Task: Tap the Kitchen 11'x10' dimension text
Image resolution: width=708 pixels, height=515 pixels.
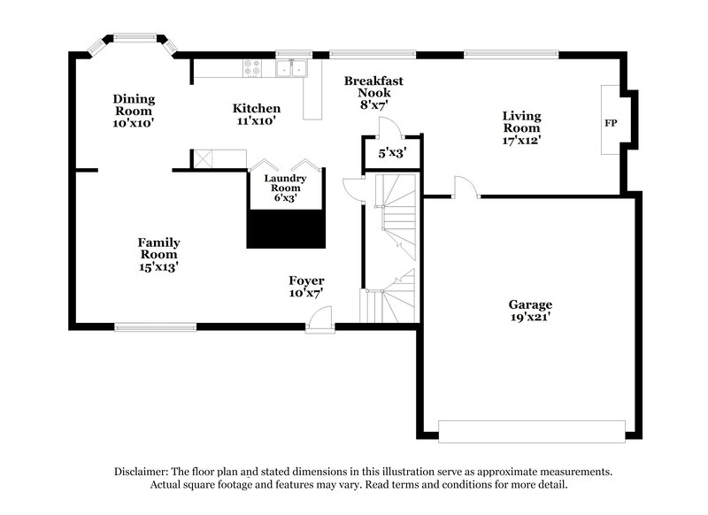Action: coord(257,121)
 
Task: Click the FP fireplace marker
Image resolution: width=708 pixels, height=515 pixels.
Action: coord(611,122)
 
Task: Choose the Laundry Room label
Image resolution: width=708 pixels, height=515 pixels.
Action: coord(286,183)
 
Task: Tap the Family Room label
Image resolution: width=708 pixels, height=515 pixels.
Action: coord(158,249)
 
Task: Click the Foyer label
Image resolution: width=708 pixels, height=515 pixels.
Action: coord(306,281)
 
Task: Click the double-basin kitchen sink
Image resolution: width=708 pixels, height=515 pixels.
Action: coord(290,67)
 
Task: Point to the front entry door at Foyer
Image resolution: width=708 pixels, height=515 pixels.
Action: coord(320,321)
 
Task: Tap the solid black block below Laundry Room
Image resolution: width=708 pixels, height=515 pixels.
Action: coord(286,229)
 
